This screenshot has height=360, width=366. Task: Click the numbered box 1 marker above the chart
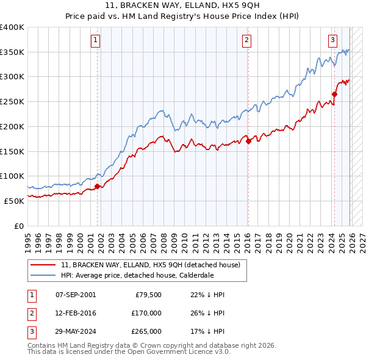[96, 41]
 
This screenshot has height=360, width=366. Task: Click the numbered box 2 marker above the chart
[246, 41]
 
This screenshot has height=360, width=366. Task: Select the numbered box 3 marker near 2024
[332, 41]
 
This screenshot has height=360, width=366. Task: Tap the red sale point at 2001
[98, 187]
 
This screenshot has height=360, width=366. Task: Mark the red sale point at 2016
[248, 142]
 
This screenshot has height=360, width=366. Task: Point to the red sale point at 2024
[334, 94]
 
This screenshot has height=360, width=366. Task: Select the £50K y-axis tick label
[14, 201]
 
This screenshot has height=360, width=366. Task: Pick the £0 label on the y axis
[19, 226]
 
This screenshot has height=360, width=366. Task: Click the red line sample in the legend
[43, 265]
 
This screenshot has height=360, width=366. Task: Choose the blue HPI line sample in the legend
[43, 275]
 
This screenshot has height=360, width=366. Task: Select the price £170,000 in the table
[146, 313]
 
